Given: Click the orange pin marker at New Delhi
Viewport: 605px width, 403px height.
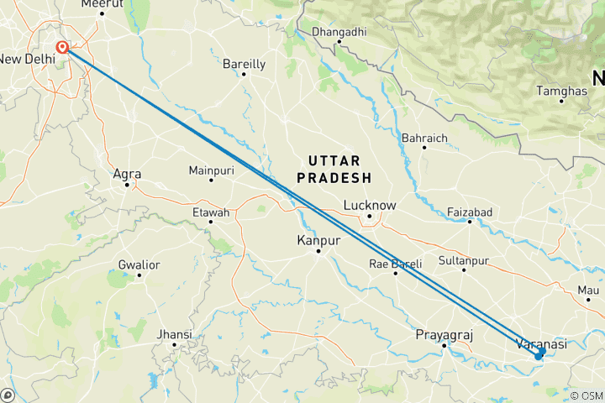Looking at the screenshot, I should pos(62,48).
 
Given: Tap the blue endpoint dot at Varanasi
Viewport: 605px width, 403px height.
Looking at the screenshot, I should pos(539,355).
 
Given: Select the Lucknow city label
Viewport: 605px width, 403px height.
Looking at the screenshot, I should pos(370,205).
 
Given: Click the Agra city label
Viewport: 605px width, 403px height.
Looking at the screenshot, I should pos(127,175).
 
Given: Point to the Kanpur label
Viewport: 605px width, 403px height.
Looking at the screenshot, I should pos(318,241).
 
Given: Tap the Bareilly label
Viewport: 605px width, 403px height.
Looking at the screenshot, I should pos(244,64).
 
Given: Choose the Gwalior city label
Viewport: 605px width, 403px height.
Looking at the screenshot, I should pos(139,264).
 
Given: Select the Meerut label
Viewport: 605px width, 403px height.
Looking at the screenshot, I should pos(102,4).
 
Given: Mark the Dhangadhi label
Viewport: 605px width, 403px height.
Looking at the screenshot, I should pos(339,32).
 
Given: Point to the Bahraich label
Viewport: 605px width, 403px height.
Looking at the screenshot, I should pos(424,138).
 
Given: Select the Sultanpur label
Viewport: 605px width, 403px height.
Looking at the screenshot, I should pos(463,261).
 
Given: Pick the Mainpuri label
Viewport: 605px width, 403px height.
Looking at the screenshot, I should pos(211,170).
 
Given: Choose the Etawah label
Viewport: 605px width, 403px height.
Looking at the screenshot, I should pos(210,212).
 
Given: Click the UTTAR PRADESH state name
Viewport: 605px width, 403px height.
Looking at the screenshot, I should pos(339,169).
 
